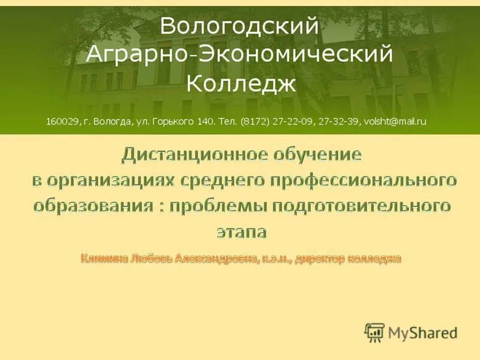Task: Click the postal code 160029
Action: pyautogui.click(x=62, y=121)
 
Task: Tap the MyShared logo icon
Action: pyautogui.click(x=374, y=332)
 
